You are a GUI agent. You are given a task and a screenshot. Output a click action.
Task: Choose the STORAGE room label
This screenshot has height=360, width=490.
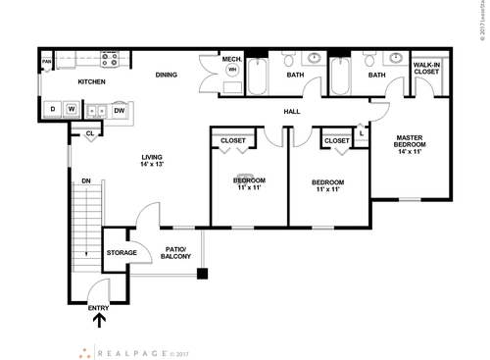click(x=122, y=252)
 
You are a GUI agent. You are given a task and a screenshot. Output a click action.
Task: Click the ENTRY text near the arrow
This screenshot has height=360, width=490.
click(x=98, y=308)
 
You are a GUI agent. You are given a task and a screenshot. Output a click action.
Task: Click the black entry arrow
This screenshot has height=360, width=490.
click(x=98, y=320)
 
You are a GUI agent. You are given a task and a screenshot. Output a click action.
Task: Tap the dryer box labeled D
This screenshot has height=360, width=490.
click(x=53, y=108)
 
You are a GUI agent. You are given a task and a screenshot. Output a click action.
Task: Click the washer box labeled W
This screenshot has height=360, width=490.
click(x=71, y=108)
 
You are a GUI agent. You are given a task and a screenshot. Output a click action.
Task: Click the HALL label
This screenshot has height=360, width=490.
click(x=292, y=112)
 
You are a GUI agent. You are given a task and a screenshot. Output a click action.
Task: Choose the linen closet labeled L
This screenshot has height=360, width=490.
click(x=362, y=132)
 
